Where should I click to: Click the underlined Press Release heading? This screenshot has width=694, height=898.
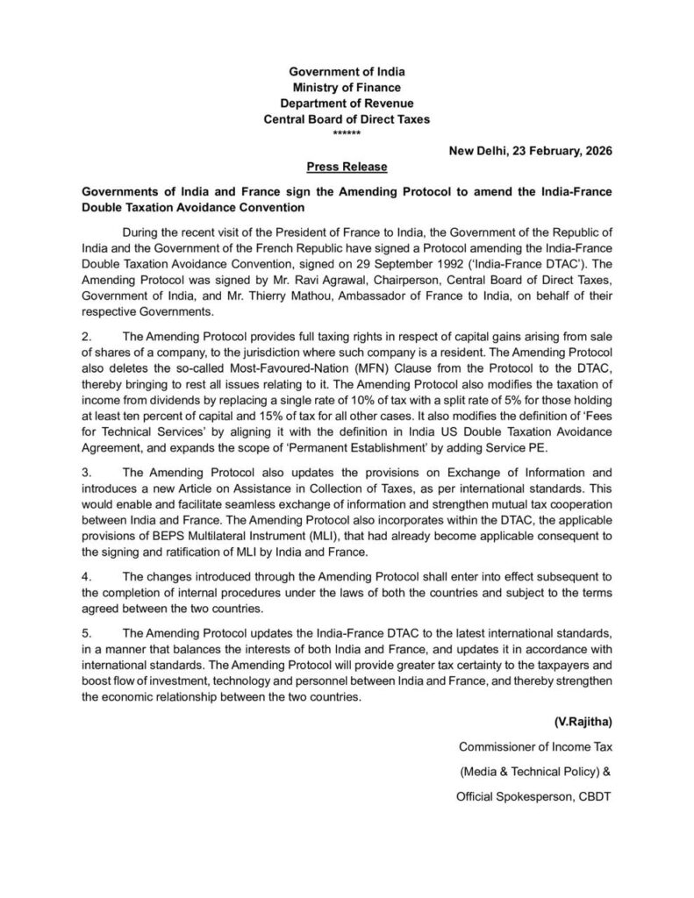pyautogui.click(x=347, y=166)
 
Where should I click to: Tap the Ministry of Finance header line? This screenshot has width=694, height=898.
pyautogui.click(x=347, y=87)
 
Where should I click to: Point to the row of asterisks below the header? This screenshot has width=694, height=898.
pyautogui.click(x=347, y=132)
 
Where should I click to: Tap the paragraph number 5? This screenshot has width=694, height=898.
pyautogui.click(x=86, y=633)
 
